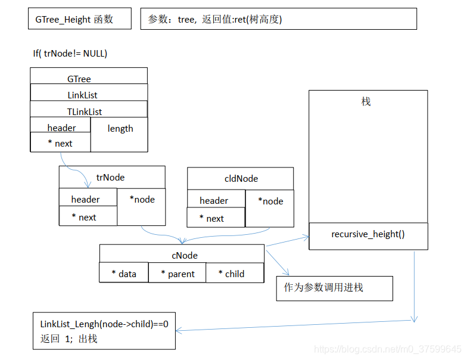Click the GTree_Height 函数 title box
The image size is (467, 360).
(x=79, y=19)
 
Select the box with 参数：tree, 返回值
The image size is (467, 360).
(x=278, y=19)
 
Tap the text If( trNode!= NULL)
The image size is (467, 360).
(x=70, y=54)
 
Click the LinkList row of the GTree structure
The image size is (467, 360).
(x=88, y=95)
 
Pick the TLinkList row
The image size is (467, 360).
(x=88, y=111)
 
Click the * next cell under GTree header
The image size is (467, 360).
(x=60, y=143)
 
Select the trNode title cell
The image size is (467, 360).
(x=111, y=177)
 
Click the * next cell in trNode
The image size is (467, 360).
(x=87, y=217)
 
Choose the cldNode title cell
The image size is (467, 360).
(x=241, y=178)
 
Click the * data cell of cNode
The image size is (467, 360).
(x=124, y=274)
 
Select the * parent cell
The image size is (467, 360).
(x=177, y=274)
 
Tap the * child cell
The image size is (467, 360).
(x=235, y=274)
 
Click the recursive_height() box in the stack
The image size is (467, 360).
(x=368, y=235)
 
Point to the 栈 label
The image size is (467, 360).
(x=366, y=102)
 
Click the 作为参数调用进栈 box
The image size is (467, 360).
(x=334, y=288)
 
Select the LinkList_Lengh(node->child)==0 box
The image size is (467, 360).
(x=104, y=331)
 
